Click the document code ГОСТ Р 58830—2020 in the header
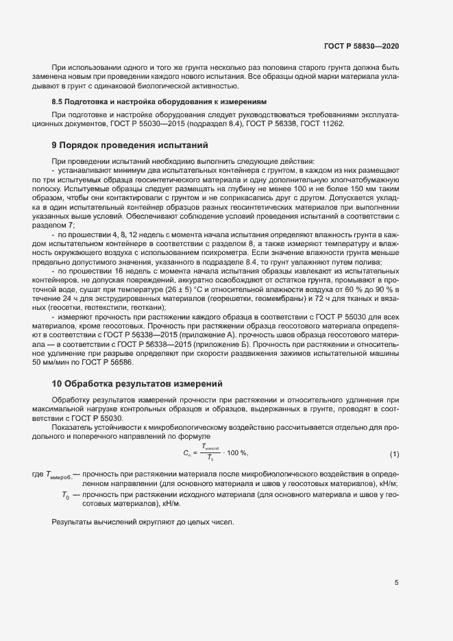point(360,45)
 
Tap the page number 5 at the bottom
point(396,583)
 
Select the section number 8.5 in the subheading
point(58,101)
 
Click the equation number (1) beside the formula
point(394,454)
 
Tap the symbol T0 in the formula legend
point(65,494)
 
